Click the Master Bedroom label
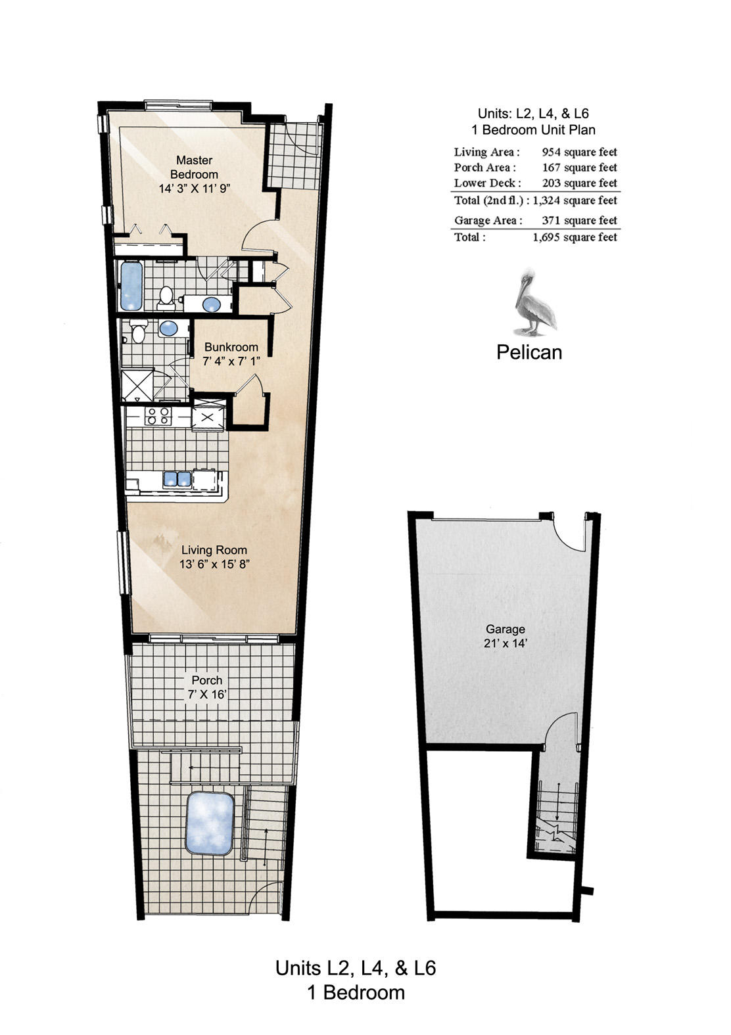tap(194, 167)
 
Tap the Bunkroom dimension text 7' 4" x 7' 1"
tap(231, 361)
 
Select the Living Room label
tap(214, 550)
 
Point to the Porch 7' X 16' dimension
tap(207, 695)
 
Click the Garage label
tap(505, 629)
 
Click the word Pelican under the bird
tap(529, 352)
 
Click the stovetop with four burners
tap(158, 415)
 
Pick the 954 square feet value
tap(579, 152)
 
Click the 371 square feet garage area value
tap(579, 221)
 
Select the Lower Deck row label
tap(487, 183)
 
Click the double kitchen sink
tap(177, 479)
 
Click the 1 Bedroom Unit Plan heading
tap(533, 129)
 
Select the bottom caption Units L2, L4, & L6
tap(356, 968)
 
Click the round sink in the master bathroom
tap(212, 304)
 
